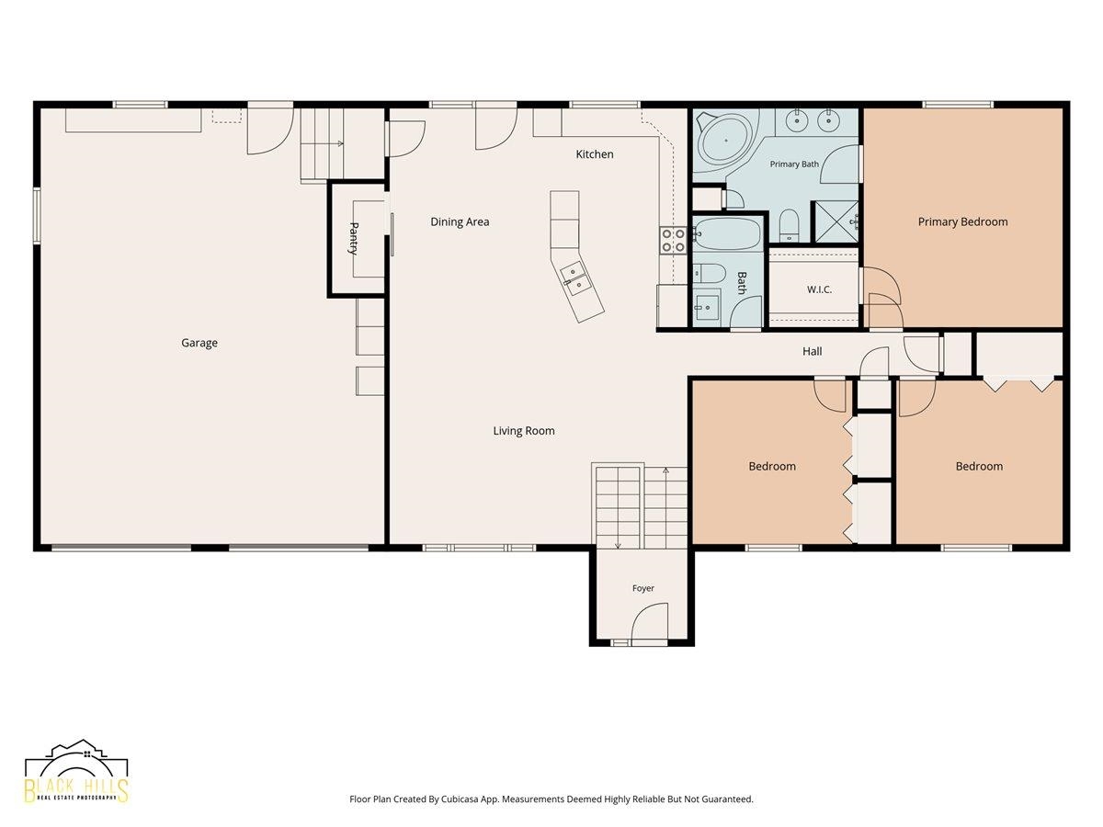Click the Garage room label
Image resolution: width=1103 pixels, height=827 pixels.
pyautogui.click(x=199, y=343)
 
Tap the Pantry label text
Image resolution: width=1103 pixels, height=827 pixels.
pyautogui.click(x=354, y=239)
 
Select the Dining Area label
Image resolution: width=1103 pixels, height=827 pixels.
pyautogui.click(x=460, y=221)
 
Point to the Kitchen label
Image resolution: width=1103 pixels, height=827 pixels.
pyautogui.click(x=595, y=154)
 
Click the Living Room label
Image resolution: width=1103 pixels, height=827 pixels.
pyautogui.click(x=524, y=431)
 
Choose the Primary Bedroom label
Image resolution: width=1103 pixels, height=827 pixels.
pyautogui.click(x=962, y=222)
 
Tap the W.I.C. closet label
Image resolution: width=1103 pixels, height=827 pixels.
pyautogui.click(x=819, y=289)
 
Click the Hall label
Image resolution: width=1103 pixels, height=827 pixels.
pyautogui.click(x=812, y=352)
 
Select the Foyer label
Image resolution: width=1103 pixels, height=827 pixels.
pyautogui.click(x=643, y=588)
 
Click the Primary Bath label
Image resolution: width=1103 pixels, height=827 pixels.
pyautogui.click(x=794, y=164)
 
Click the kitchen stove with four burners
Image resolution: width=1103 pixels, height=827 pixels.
pyautogui.click(x=672, y=240)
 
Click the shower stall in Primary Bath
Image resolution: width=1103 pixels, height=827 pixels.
pyautogui.click(x=836, y=221)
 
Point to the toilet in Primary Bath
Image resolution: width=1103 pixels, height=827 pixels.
pyautogui.click(x=789, y=225)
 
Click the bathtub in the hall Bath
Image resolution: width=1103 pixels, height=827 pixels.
pyautogui.click(x=726, y=233)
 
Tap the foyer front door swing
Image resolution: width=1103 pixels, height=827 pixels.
pyautogui.click(x=649, y=622)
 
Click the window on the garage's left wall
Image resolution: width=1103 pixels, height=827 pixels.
pyautogui.click(x=37, y=215)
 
